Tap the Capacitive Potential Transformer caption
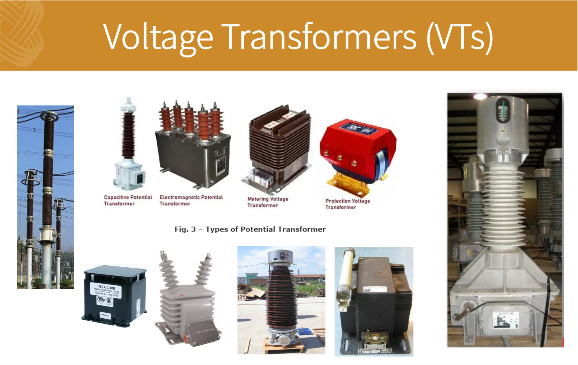pos(128,200)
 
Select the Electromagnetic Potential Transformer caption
pos(191,200)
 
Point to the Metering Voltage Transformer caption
pos(268,202)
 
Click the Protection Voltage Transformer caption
pos(348,204)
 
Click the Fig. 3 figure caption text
pos(250,229)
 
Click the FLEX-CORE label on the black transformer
pos(107,287)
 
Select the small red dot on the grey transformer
pos(182,295)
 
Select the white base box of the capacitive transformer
pos(129,174)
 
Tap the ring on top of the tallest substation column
pos(49,117)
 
